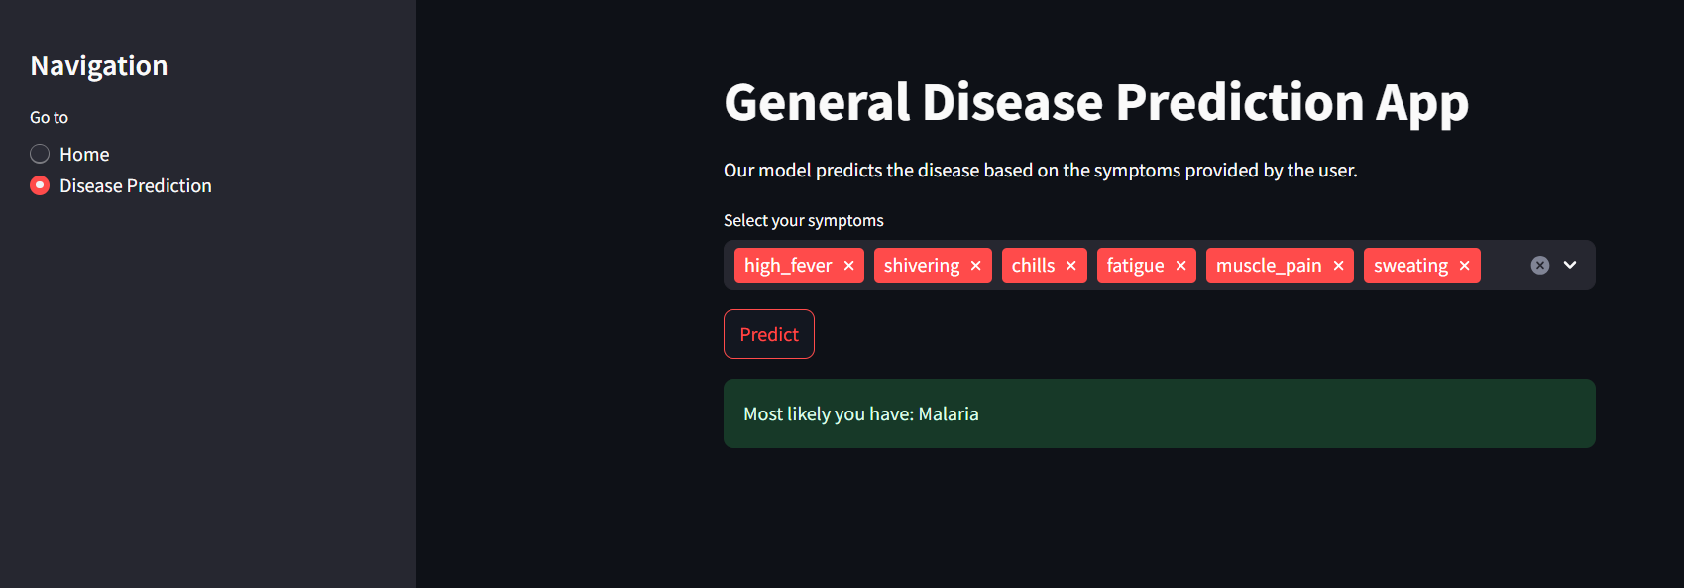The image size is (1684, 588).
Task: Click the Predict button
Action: [x=769, y=334]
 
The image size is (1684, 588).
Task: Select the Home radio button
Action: [x=40, y=154]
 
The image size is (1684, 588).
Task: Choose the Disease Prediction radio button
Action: [x=40, y=185]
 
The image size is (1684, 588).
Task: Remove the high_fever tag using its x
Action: [x=849, y=266]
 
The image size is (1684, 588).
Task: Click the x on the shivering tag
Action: [x=976, y=266]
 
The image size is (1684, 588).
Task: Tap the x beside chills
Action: [x=1071, y=266]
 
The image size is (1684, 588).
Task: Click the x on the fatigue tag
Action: [x=1181, y=266]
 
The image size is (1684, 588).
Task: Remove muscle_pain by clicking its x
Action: [x=1339, y=266]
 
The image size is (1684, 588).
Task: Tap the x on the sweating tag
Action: [x=1465, y=266]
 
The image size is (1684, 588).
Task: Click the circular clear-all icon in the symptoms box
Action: [x=1540, y=265]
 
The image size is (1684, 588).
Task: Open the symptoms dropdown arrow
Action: [x=1570, y=265]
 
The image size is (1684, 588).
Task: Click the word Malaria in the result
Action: [x=949, y=414]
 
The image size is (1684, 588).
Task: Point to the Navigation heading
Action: [x=99, y=65]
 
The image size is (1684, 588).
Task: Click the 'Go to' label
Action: [x=49, y=117]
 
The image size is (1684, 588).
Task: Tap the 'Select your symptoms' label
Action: [x=803, y=220]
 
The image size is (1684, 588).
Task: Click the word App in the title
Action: [x=1421, y=103]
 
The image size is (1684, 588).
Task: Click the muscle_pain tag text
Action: [x=1269, y=266]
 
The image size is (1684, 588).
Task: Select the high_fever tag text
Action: [x=788, y=266]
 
